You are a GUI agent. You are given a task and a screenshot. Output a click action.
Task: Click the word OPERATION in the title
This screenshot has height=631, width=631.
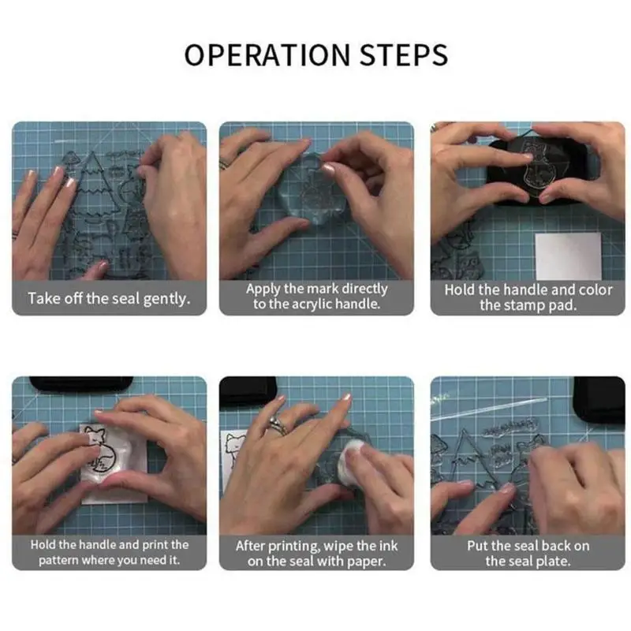[267, 54]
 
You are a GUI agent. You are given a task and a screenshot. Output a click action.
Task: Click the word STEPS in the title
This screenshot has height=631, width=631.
[404, 54]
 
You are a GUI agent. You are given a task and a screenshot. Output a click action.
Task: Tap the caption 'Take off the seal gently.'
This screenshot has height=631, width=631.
[109, 299]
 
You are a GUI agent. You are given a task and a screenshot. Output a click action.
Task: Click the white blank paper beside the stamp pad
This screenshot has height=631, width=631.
[568, 256]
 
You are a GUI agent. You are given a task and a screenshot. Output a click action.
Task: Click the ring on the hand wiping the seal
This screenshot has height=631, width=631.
[278, 425]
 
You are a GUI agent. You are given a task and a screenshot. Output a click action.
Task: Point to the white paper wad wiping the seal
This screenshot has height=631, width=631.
[349, 462]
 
